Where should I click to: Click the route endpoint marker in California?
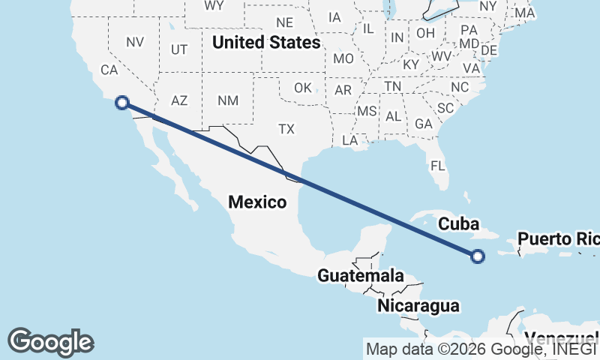click(122, 103)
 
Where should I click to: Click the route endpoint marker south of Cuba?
click(478, 256)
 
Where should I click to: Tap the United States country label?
click(266, 43)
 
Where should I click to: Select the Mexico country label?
click(257, 202)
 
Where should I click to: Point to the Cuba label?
click(458, 223)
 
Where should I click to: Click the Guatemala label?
click(360, 275)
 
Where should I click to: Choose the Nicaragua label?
click(418, 305)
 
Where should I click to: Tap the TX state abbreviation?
click(286, 129)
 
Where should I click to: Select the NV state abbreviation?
click(134, 43)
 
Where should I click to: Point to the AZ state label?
click(179, 100)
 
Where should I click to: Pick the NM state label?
click(227, 100)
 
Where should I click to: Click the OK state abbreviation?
click(303, 88)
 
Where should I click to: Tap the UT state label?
click(179, 49)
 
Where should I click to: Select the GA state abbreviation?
click(424, 124)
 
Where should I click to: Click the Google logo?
click(50, 341)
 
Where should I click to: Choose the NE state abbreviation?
click(284, 22)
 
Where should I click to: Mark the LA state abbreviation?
click(349, 140)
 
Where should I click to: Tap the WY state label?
click(214, 5)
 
